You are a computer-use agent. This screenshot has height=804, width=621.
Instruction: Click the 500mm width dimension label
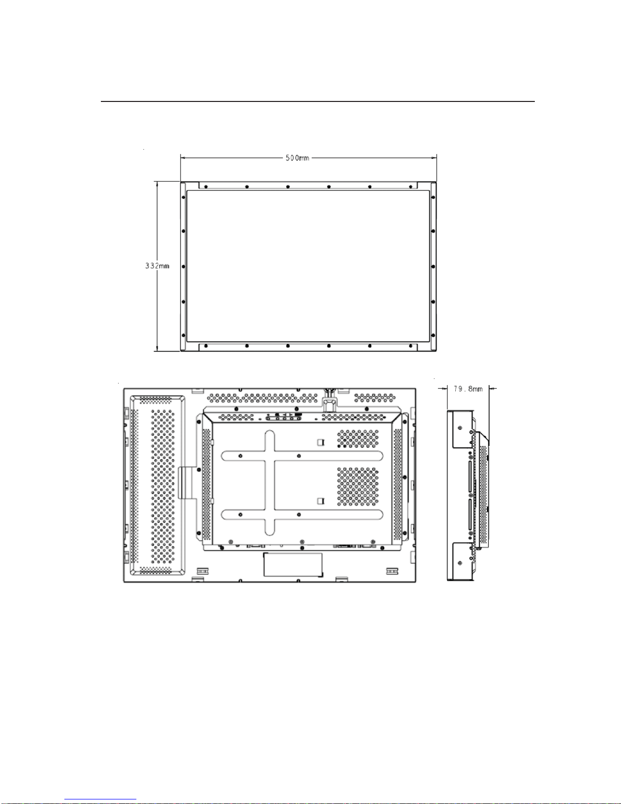click(x=297, y=158)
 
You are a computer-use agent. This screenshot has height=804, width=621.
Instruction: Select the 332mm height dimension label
click(x=158, y=266)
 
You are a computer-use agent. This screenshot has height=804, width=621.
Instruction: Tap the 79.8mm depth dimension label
click(x=468, y=389)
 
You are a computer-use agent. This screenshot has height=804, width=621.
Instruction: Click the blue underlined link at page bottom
click(x=100, y=799)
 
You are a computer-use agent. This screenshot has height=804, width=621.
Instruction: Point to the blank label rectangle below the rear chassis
click(x=293, y=565)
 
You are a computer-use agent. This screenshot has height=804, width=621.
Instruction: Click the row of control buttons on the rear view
click(x=284, y=417)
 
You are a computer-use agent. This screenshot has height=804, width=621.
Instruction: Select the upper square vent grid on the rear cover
click(x=358, y=438)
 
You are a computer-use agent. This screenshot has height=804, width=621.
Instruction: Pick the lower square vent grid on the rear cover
click(x=358, y=486)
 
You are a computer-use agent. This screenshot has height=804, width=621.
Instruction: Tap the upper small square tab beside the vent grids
click(x=321, y=442)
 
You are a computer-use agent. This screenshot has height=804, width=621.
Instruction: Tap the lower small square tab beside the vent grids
click(x=321, y=501)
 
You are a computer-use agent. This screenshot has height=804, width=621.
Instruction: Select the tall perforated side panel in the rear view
click(x=158, y=486)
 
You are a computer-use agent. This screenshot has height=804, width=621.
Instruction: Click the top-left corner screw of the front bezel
click(x=184, y=197)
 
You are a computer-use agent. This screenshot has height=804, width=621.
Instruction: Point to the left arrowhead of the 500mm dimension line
click(x=184, y=158)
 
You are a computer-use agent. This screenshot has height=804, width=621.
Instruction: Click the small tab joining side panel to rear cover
click(x=186, y=482)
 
